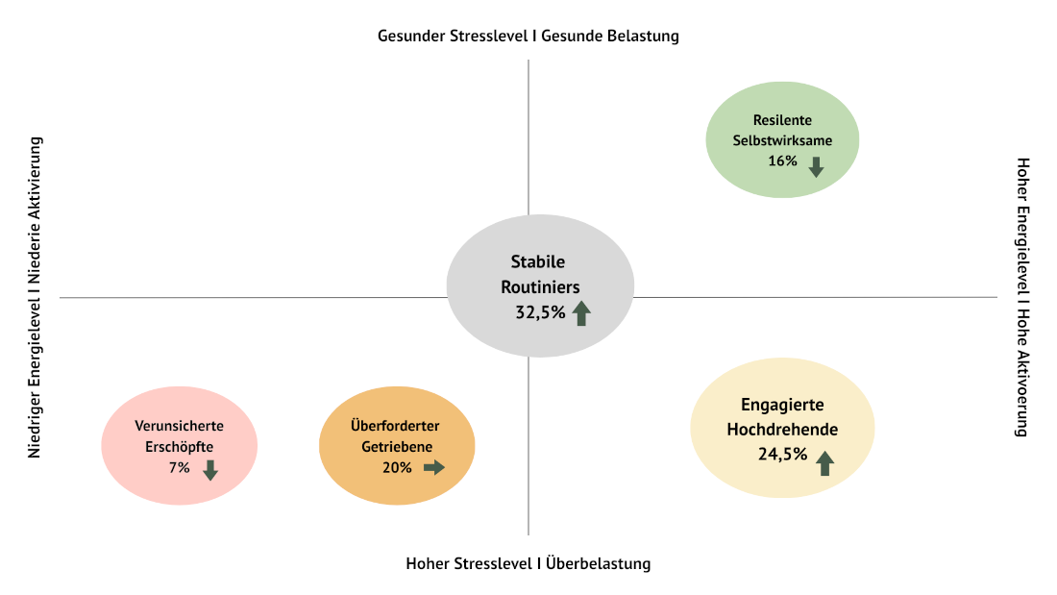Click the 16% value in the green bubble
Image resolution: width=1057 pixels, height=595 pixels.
pyautogui.click(x=782, y=161)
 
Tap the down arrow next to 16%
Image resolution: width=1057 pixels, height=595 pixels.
pyautogui.click(x=816, y=166)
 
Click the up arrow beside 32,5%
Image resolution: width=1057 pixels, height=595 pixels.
pyautogui.click(x=580, y=312)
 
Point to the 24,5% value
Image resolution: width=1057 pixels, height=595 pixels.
pyautogui.click(x=782, y=455)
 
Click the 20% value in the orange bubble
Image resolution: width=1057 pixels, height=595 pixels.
pyautogui.click(x=397, y=467)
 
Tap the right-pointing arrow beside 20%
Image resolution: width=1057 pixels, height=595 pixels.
pyautogui.click(x=434, y=467)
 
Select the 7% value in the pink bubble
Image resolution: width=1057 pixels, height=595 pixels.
pyautogui.click(x=180, y=467)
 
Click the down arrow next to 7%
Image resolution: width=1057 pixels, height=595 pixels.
pyautogui.click(x=210, y=470)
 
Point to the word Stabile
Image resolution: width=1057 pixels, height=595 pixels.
pyautogui.click(x=537, y=261)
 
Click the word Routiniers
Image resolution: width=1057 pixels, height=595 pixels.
pyautogui.click(x=540, y=285)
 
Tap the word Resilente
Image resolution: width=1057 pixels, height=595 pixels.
pyautogui.click(x=782, y=120)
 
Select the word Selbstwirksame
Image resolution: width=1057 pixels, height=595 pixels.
pyautogui.click(x=782, y=140)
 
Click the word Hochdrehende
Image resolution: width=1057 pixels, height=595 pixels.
pyautogui.click(x=782, y=429)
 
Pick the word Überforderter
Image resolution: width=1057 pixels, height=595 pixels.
pyautogui.click(x=396, y=426)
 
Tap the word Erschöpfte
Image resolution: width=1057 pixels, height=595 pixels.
pyautogui.click(x=179, y=446)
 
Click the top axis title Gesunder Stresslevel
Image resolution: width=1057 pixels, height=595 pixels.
pyautogui.click(x=455, y=37)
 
